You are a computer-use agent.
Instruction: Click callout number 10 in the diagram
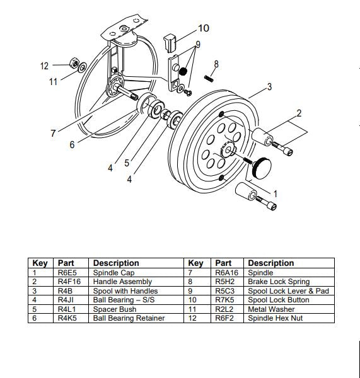203,28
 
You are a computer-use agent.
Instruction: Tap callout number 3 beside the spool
269,87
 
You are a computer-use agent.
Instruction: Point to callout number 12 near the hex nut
44,66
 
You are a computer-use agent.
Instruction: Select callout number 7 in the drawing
53,133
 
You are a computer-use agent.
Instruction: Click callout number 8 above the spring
216,64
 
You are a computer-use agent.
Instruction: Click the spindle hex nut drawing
74,64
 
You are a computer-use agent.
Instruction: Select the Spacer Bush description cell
114,309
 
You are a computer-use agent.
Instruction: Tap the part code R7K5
223,300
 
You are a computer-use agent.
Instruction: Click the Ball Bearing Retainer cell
129,319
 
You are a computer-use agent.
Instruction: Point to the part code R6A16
225,272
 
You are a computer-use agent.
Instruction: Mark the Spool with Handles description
125,291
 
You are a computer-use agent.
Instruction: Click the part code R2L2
223,309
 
